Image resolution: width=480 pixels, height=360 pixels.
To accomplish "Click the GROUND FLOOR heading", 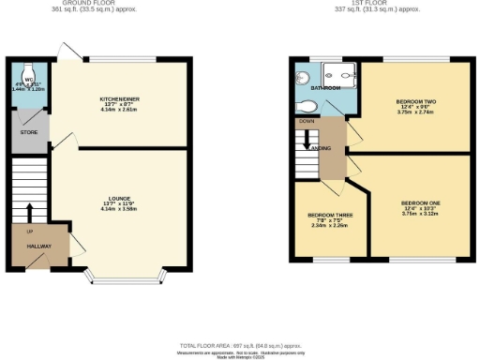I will pyautogui.click(x=104, y=4).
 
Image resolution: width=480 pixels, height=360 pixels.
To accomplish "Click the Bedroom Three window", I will pyautogui.click(x=330, y=259).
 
